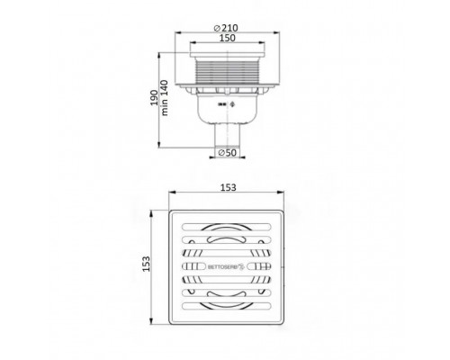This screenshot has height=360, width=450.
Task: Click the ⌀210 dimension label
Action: [x=226, y=28]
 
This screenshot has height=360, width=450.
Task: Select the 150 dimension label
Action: [x=227, y=38]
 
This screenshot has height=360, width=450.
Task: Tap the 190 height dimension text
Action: [x=154, y=97]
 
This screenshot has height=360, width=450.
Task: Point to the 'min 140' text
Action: [x=165, y=97]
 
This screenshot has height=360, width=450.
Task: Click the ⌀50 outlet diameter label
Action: [x=227, y=153]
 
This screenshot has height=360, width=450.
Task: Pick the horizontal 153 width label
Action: [x=229, y=187]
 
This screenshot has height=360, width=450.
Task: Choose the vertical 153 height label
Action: [x=146, y=264]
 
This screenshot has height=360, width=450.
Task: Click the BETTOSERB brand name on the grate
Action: [x=222, y=266]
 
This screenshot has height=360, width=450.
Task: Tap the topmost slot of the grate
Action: [x=227, y=227]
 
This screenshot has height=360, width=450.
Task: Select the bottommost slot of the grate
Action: [x=227, y=306]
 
